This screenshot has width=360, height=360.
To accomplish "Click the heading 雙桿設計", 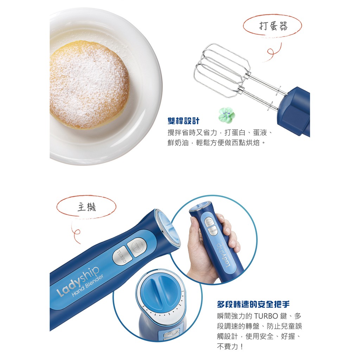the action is point(184,121).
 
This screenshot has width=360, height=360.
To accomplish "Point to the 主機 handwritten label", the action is point(86,207).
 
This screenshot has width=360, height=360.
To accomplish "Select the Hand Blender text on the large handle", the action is point(88,285).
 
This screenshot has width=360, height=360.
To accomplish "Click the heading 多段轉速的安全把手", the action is point(253,304).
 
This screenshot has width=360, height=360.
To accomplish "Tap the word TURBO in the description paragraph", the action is point(266,316).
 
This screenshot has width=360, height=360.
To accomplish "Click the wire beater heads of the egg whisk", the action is point(221,70).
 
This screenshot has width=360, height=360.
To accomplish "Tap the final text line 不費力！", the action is point(230,346).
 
